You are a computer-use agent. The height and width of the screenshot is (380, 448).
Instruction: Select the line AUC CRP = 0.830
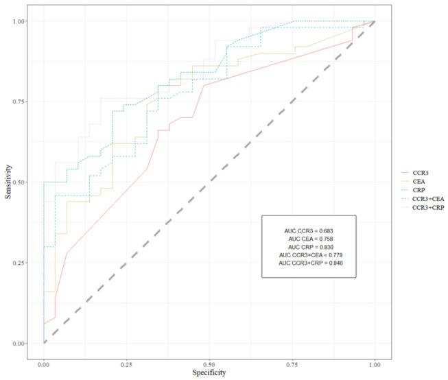click(309, 246)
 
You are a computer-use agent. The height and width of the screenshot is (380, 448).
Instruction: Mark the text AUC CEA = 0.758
click(309, 238)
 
